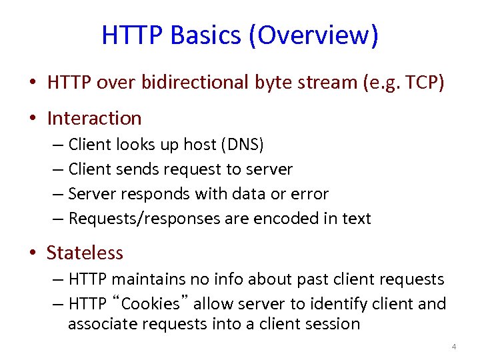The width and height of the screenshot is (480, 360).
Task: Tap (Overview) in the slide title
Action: click(313, 35)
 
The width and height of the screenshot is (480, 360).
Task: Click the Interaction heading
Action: click(94, 118)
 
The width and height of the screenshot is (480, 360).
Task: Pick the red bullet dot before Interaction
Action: click(32, 119)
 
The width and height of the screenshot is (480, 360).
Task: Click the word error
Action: click(307, 194)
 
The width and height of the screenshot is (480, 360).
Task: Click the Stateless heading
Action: click(85, 253)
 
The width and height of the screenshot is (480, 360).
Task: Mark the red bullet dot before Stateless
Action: click(32, 254)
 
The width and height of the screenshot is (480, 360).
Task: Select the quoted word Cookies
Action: click(151, 304)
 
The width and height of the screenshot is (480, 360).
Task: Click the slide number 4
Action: click(453, 347)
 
